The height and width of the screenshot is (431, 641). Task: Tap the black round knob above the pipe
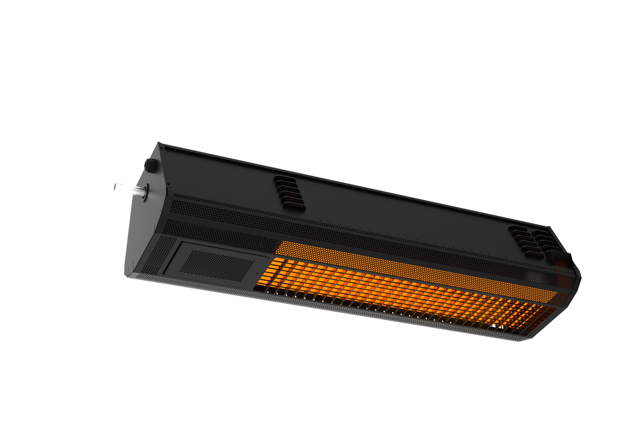point(149,164)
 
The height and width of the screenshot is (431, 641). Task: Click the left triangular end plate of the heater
point(145,225)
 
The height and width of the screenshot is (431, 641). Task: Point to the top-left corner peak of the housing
point(159,143)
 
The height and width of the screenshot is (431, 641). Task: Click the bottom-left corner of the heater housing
point(126,275)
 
